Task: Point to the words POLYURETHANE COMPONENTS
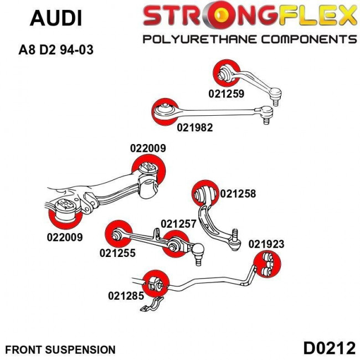249,39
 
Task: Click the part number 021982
195,127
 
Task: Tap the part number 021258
238,194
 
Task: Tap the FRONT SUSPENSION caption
60,349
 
